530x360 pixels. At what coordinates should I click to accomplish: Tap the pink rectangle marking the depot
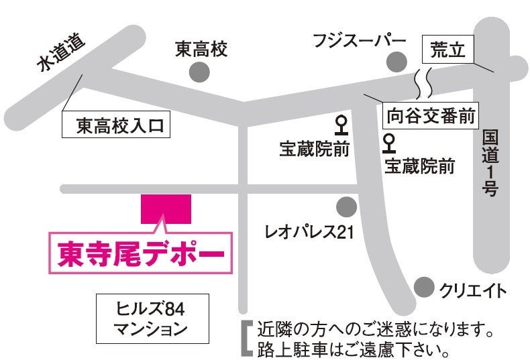pos(166,210)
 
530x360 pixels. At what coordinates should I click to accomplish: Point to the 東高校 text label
pos(201,49)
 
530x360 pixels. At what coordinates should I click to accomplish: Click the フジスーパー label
pos(360,41)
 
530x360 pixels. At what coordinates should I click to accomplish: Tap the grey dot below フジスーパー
pos(397,61)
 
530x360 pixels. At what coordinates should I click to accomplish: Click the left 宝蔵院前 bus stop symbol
pos(341,125)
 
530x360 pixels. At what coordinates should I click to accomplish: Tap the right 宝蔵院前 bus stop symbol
pos(388,143)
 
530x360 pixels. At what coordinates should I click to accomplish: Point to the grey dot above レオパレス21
pos(346,206)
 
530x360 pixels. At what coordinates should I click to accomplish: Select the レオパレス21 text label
pos(309,233)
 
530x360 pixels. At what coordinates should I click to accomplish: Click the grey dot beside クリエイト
pos(423,288)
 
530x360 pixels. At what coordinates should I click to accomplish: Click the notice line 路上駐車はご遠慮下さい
pos(352,349)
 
